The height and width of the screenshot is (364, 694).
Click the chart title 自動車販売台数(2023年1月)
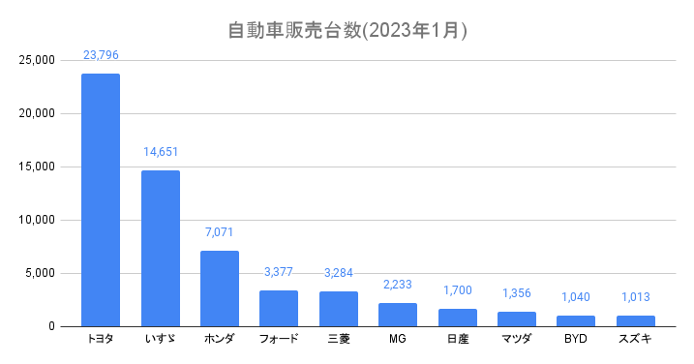point(347,31)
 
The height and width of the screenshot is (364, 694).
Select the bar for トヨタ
point(101,200)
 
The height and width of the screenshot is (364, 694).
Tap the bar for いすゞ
point(161,249)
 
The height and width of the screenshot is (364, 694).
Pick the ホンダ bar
point(220,288)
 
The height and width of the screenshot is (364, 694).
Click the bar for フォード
point(279,309)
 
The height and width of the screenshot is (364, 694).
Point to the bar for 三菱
point(339,309)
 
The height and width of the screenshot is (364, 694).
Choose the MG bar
point(398,315)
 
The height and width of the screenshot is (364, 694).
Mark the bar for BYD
point(576,321)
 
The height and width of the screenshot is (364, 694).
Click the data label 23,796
point(101,55)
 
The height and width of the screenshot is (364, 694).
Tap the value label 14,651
point(161,152)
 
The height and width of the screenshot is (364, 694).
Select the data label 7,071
point(219,232)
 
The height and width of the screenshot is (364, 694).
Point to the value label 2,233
point(398,285)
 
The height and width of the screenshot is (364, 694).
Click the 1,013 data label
point(636,296)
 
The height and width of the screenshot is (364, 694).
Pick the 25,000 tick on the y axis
point(37,60)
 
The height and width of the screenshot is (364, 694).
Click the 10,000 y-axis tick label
point(37,220)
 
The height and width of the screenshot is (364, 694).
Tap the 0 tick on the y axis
point(52,326)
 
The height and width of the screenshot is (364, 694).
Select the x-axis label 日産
point(458,339)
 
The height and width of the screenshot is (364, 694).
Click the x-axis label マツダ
point(517,339)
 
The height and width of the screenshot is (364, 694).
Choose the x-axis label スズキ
point(635,339)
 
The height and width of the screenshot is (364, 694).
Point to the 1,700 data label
point(458,290)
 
